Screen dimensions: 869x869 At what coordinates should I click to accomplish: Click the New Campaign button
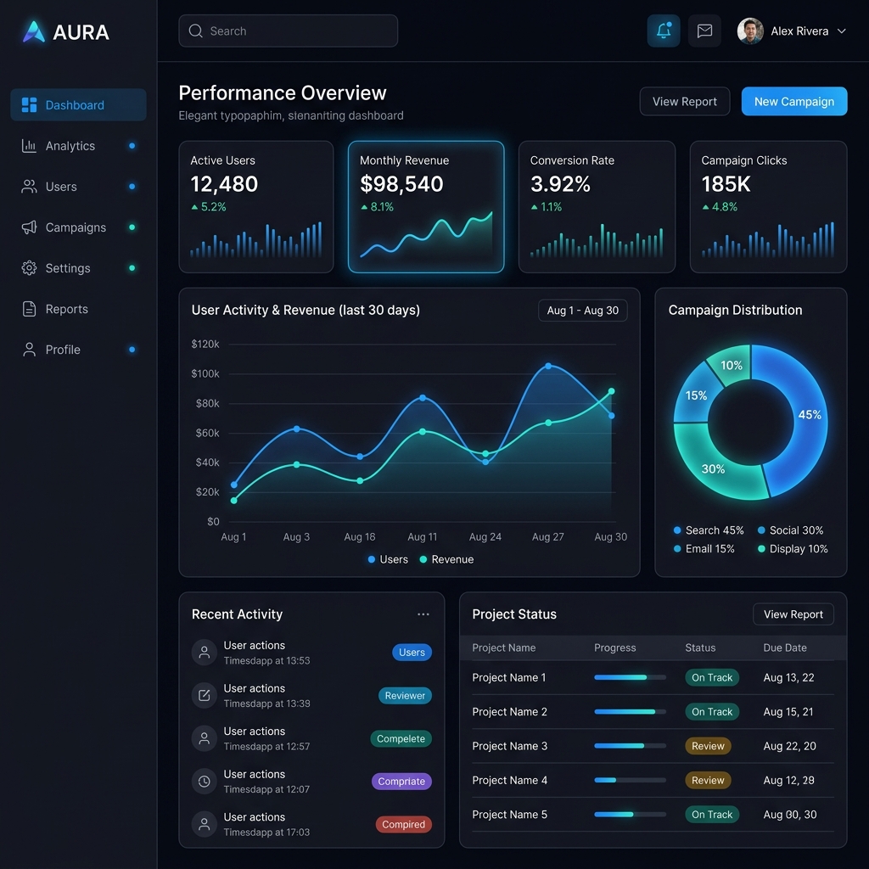click(x=793, y=102)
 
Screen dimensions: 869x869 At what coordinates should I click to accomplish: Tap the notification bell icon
click(x=664, y=31)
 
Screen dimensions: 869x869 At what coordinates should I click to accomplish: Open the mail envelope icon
click(x=704, y=31)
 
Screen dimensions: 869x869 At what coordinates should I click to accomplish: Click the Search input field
click(x=289, y=31)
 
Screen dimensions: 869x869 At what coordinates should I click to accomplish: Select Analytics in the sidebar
click(x=70, y=146)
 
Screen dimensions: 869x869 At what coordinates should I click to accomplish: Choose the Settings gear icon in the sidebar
click(x=29, y=268)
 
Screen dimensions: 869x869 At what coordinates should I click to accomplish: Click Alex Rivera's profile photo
click(x=750, y=31)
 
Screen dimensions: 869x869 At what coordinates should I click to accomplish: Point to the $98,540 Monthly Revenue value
click(x=401, y=184)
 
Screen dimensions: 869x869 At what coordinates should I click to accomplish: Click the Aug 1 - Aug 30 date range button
click(x=582, y=311)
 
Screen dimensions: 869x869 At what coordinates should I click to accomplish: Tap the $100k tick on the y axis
click(x=205, y=373)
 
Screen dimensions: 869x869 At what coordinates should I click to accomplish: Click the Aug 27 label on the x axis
click(x=547, y=536)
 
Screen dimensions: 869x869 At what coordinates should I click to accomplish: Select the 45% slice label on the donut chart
click(x=809, y=414)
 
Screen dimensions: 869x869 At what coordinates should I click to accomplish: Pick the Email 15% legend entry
click(x=704, y=549)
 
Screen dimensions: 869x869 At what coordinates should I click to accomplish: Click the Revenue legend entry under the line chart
click(x=446, y=559)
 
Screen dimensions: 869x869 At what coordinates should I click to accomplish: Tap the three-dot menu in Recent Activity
click(x=423, y=614)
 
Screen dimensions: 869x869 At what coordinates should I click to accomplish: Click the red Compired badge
click(x=403, y=824)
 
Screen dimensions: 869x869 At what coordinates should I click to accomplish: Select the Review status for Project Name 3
click(x=708, y=746)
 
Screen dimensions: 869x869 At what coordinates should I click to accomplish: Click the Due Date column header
click(x=785, y=648)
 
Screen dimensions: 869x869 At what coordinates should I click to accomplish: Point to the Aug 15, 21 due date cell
click(x=788, y=712)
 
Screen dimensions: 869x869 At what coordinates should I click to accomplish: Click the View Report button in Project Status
click(x=793, y=614)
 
